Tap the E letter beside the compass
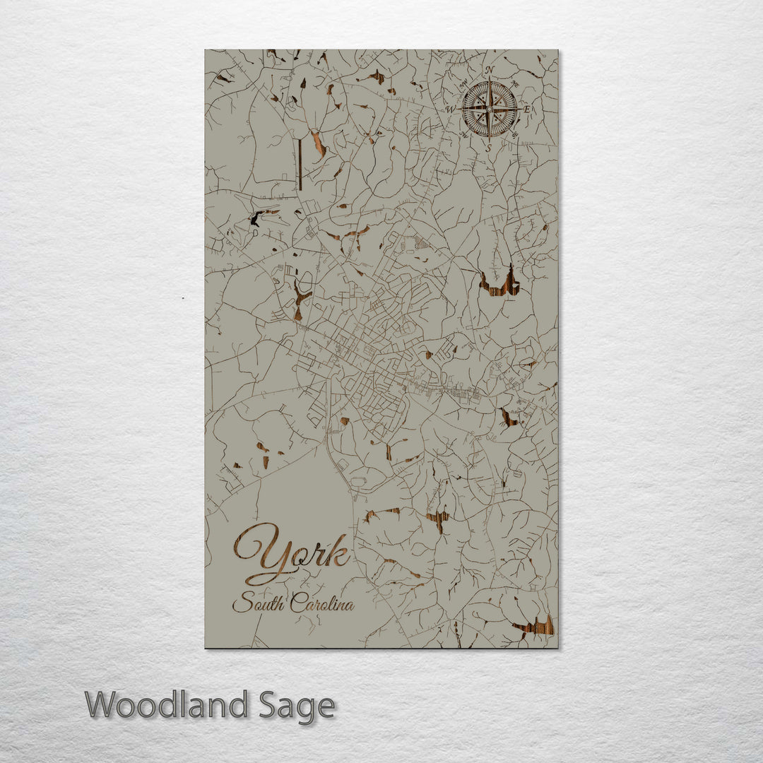pyautogui.click(x=528, y=110)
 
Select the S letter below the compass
pyautogui.click(x=489, y=148)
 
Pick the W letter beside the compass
pyautogui.click(x=451, y=110)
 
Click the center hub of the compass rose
pyautogui.click(x=490, y=110)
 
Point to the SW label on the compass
pyautogui.click(x=463, y=134)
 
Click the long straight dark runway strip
pyautogui.click(x=300, y=164)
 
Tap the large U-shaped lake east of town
pyautogui.click(x=500, y=284)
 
